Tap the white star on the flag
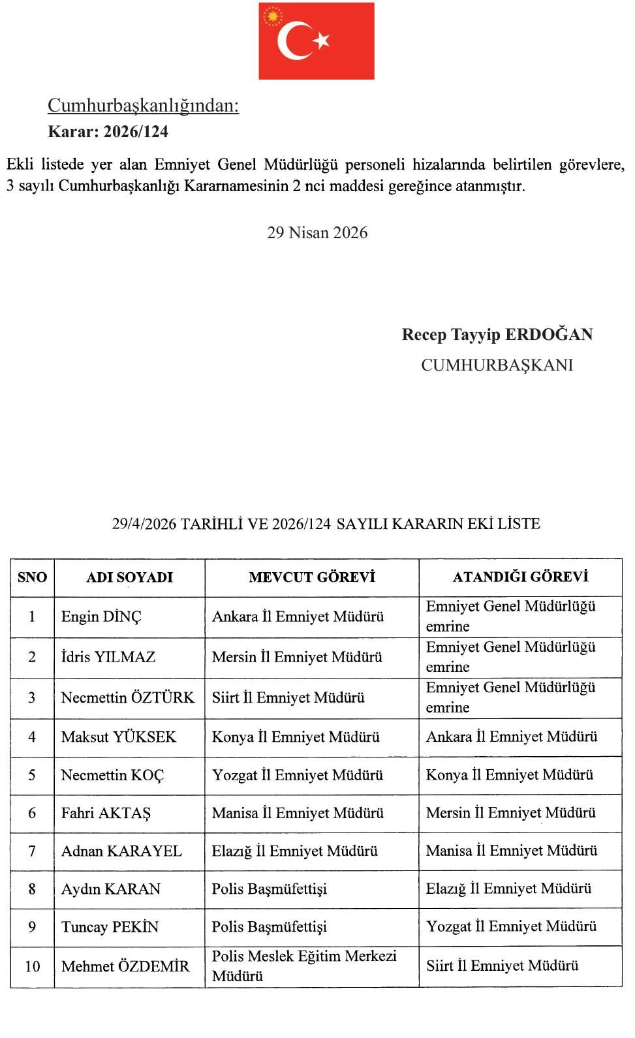[320, 40]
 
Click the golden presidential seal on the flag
[272, 16]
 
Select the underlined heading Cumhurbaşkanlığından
[144, 106]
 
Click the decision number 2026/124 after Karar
[136, 132]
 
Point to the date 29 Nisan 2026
[317, 233]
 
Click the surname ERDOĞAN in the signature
[549, 335]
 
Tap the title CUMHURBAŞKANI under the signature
[497, 365]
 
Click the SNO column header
[32, 577]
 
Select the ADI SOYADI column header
[129, 577]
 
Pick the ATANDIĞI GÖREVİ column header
[520, 577]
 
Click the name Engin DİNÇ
[101, 617]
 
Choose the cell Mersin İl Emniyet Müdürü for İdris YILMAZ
[297, 657]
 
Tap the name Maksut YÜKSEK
[119, 737]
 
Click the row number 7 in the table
[32, 851]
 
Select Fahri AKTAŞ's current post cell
[298, 813]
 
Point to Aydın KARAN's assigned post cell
[508, 889]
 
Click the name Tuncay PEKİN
[110, 927]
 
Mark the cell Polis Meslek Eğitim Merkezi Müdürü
[304, 966]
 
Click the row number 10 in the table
[32, 966]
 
